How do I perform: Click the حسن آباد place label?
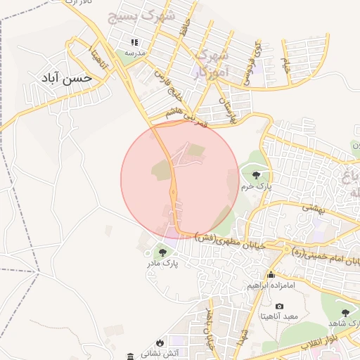[67, 78]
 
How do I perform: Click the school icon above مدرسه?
[134, 42]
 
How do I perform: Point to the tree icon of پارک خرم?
[255, 174]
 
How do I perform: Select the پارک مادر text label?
[164, 264]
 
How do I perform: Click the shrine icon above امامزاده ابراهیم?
[271, 274]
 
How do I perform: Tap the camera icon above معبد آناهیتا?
[279, 306]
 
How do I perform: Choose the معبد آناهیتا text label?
[279, 316]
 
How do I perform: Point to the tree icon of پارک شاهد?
[345, 312]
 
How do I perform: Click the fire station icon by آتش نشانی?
[130, 354]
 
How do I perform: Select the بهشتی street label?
[311, 208]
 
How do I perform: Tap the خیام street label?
[285, 65]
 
